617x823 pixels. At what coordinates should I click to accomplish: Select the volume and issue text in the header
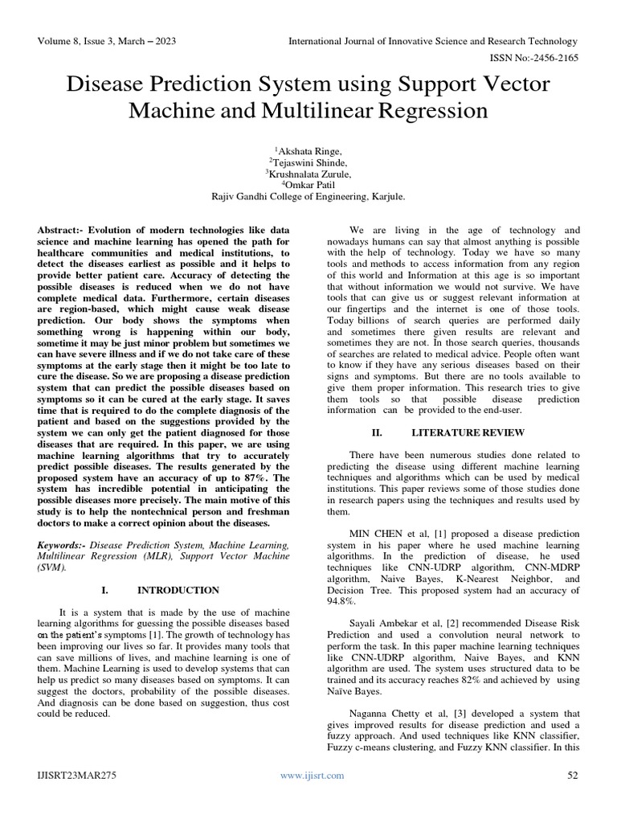[105, 40]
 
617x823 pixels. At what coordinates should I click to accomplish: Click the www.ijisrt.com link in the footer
[312, 776]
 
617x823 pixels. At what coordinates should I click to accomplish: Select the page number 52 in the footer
[573, 776]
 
